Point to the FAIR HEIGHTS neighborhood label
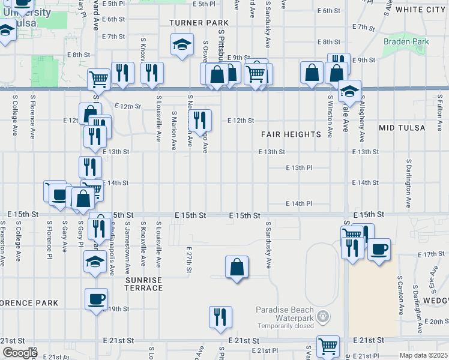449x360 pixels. point(291,134)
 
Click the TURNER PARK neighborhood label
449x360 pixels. point(191,22)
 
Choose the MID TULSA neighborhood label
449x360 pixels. point(402,128)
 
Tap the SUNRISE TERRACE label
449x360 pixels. point(143,284)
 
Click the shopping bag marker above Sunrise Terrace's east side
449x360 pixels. point(238,266)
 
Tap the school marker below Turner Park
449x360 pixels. point(182,44)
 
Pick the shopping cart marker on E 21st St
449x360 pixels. point(328,346)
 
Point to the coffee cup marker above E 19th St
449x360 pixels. point(96,299)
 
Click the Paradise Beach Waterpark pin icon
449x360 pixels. point(323,316)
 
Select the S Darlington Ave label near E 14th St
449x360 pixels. point(408,179)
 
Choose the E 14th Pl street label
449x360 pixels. point(298,203)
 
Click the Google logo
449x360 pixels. point(20,353)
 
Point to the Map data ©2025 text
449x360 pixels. point(423,355)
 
